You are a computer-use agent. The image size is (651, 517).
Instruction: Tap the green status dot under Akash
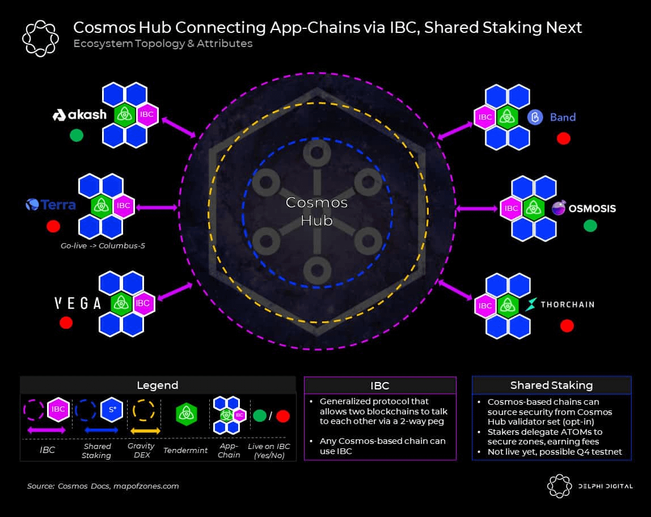[77, 135]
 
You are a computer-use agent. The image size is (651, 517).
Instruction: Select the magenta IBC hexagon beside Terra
[124, 206]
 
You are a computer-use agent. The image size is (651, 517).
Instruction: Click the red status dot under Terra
[53, 226]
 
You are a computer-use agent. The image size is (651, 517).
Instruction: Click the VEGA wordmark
[78, 303]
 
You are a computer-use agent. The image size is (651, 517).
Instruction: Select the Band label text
[563, 117]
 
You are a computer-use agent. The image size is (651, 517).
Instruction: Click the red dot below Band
[563, 138]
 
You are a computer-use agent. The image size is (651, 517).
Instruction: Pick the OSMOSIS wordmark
[592, 209]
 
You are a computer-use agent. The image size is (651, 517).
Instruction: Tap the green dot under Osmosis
[590, 226]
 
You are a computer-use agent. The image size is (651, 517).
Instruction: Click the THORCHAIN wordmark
[567, 304]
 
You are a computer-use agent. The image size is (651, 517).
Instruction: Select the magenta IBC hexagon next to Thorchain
[485, 306]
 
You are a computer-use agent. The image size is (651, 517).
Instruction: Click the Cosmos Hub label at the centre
[316, 211]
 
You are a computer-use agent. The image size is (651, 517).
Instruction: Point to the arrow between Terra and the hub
[157, 207]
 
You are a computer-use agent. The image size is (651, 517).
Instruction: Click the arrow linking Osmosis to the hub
[476, 209]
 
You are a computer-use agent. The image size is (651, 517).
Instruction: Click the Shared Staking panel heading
[551, 385]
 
